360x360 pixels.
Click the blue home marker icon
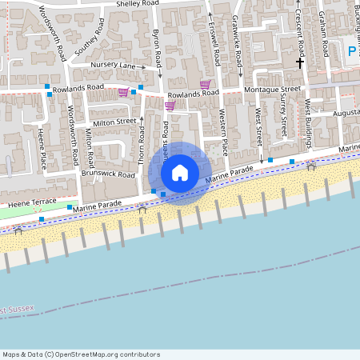(x=180, y=172)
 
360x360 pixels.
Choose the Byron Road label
(x=159, y=47)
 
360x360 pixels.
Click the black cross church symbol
(x=302, y=62)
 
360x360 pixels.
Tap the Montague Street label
(x=274, y=90)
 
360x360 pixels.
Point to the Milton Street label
(x=114, y=122)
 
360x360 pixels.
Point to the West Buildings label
(x=308, y=124)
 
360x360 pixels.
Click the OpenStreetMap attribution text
(x=81, y=354)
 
